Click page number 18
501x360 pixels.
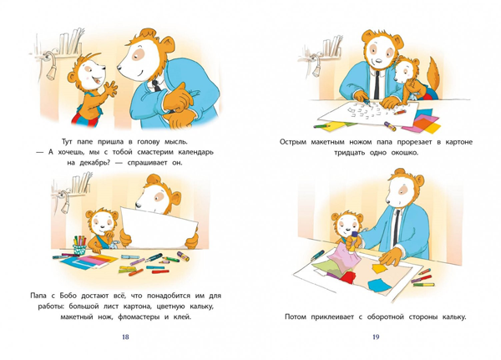click(125, 337)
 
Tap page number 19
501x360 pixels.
click(376, 337)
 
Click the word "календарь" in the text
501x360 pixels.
click(194, 152)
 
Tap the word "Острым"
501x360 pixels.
click(293, 142)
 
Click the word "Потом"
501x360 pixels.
click(296, 317)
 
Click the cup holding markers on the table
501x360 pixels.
click(79, 249)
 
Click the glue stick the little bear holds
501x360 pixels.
click(353, 242)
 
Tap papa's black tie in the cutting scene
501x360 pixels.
click(377, 84)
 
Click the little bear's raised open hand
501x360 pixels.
click(110, 89)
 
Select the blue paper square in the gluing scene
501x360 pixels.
click(379, 284)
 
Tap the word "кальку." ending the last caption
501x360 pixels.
click(453, 317)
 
